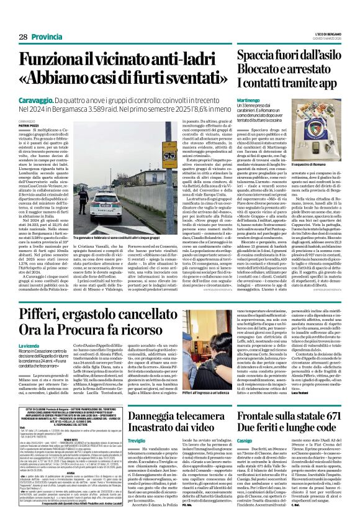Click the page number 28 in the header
tap(14, 20)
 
